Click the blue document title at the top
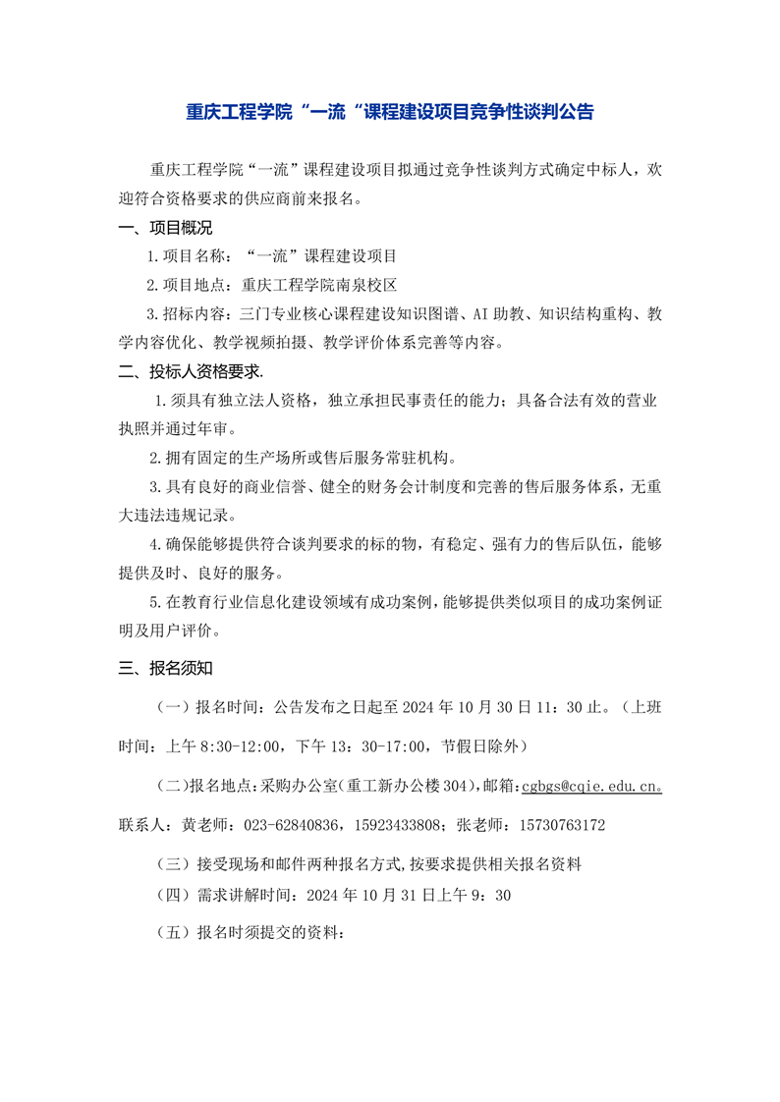coord(390,112)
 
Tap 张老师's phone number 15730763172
coord(556,825)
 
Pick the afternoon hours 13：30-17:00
coord(378,745)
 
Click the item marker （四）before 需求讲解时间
coord(177,895)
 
